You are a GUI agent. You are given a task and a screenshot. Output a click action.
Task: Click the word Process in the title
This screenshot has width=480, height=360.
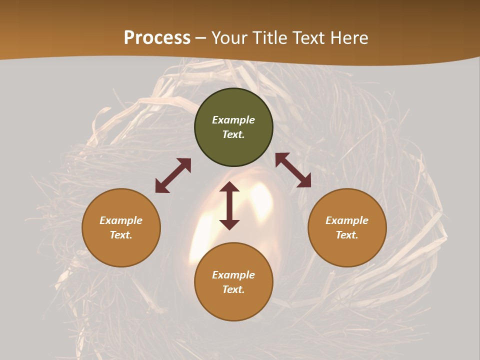[157, 38]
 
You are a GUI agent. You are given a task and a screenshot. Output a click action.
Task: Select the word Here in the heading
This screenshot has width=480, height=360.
[349, 38]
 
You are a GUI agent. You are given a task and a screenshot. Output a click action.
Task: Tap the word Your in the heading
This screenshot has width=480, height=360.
[229, 38]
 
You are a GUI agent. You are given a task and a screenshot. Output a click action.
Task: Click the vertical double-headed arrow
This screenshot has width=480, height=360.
[229, 205]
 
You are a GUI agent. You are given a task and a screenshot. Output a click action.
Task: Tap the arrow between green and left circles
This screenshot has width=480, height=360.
[173, 175]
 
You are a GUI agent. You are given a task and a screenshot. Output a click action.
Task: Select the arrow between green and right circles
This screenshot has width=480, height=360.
[293, 170]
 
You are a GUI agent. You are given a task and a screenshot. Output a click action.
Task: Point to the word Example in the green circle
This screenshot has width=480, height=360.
[233, 120]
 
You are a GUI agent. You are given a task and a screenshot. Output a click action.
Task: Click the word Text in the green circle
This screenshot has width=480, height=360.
[233, 134]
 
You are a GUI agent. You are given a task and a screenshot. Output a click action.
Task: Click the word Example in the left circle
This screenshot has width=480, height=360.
[121, 220]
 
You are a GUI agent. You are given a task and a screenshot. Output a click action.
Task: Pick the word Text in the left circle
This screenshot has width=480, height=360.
[121, 235]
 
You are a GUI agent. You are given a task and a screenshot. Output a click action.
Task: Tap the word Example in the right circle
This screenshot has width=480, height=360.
[347, 220]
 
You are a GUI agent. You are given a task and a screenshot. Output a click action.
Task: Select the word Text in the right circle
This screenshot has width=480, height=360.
[347, 235]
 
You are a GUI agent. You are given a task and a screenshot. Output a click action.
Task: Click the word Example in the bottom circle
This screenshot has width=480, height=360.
[233, 275]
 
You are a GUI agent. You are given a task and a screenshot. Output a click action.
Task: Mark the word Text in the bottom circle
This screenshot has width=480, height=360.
[233, 289]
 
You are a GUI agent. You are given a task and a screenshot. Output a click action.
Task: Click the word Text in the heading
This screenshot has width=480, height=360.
[309, 38]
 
